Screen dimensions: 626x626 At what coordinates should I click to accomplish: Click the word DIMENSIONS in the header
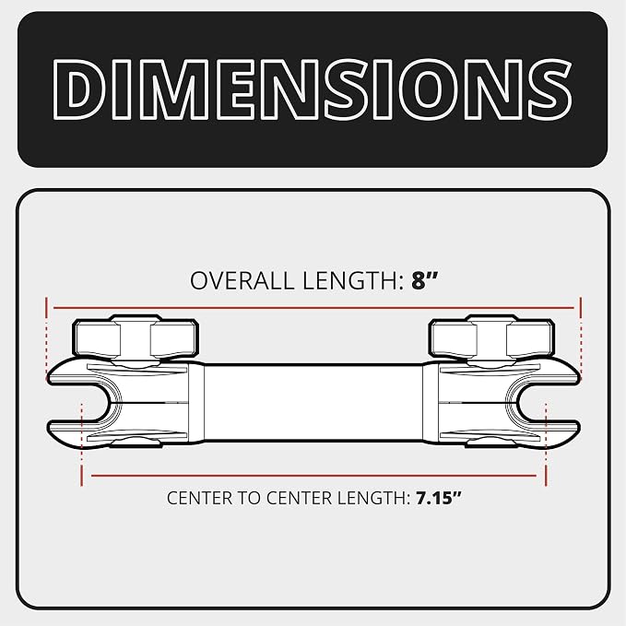click(313, 89)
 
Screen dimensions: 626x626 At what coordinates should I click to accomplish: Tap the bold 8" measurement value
click(425, 280)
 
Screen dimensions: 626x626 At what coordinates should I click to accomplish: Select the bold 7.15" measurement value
click(439, 498)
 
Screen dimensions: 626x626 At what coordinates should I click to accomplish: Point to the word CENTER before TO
click(200, 498)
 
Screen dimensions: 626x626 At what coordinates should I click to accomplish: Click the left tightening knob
click(136, 337)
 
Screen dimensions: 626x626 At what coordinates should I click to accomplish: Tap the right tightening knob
click(491, 337)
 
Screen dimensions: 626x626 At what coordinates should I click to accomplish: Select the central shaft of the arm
click(313, 402)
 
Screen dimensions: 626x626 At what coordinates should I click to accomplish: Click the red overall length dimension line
click(313, 308)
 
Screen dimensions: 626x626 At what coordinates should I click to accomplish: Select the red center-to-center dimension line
click(313, 476)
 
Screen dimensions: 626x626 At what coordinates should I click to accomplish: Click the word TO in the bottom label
click(250, 498)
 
